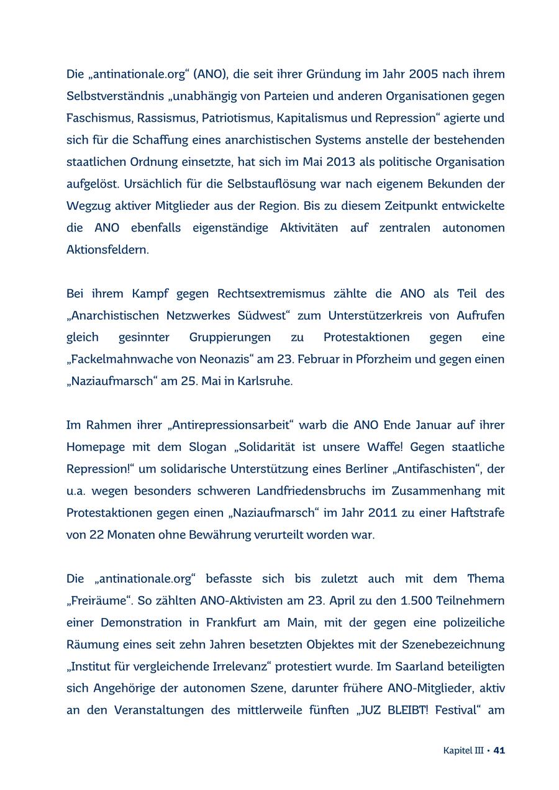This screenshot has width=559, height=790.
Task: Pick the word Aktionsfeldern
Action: point(107,250)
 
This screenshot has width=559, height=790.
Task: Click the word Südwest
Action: point(263,316)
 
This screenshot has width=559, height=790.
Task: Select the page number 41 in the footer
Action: point(499,750)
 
